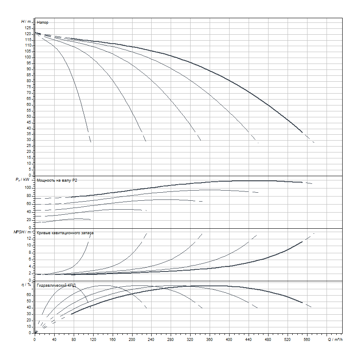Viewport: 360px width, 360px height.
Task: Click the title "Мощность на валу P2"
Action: point(57,180)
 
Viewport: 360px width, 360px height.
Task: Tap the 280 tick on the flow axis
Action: point(171,340)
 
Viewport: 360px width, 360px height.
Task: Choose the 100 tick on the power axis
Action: point(28,188)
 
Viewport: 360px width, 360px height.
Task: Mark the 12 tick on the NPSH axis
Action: point(29,238)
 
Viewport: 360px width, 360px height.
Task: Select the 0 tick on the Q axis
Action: point(35,340)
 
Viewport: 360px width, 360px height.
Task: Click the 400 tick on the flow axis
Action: point(229,340)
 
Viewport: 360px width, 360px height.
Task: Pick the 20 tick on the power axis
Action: point(29,220)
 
